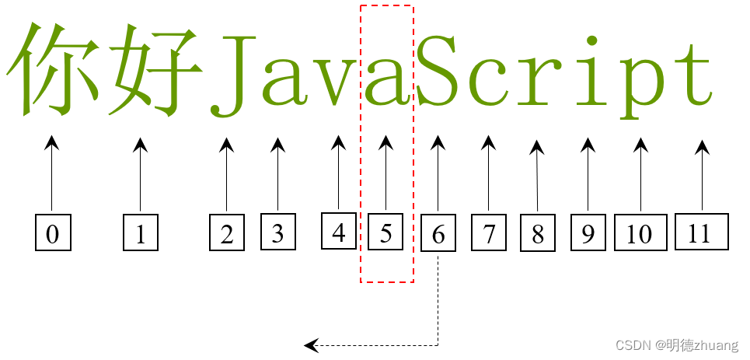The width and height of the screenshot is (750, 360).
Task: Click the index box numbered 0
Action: pos(53,233)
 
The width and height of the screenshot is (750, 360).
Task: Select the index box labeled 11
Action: pos(701,233)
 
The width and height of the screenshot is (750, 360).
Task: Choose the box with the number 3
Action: pos(277,233)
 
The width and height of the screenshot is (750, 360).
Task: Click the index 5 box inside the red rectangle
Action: pos(385,232)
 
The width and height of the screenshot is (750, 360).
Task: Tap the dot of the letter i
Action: pos(592,40)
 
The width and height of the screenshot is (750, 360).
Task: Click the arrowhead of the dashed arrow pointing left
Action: pos(311,344)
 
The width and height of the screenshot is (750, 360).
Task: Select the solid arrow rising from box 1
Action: pos(140,175)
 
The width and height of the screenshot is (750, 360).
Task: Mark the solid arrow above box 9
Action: pos(588,175)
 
